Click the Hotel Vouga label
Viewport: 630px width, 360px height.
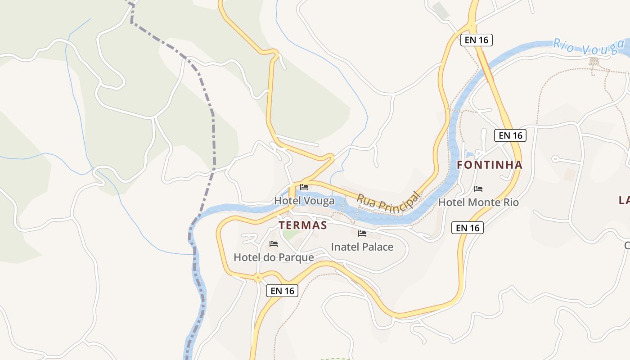pyautogui.click(x=305, y=201)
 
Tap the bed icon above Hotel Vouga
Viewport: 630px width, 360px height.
pyautogui.click(x=305, y=187)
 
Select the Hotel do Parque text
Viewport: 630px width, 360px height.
pyautogui.click(x=274, y=257)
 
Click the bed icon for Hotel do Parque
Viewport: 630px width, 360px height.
pyautogui.click(x=273, y=244)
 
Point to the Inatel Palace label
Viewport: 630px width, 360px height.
pyautogui.click(x=362, y=247)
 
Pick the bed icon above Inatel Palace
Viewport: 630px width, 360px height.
pyautogui.click(x=362, y=234)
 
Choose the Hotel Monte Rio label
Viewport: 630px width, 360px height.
pyautogui.click(x=478, y=202)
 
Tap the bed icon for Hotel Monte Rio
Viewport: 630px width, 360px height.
pyautogui.click(x=478, y=189)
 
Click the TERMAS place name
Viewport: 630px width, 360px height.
pyautogui.click(x=303, y=225)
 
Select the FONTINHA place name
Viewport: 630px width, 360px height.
pyautogui.click(x=490, y=165)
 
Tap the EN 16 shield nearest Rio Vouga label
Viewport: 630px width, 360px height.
pyautogui.click(x=477, y=40)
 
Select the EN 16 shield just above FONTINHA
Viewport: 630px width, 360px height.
pyautogui.click(x=510, y=135)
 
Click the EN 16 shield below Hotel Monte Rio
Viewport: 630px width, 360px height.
pyautogui.click(x=468, y=228)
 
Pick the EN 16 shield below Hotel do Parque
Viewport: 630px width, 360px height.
pyautogui.click(x=282, y=291)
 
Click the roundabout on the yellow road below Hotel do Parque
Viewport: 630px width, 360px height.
pyautogui.click(x=258, y=278)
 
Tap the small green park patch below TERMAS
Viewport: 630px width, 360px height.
pyautogui.click(x=290, y=234)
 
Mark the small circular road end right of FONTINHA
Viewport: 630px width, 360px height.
pyautogui.click(x=555, y=158)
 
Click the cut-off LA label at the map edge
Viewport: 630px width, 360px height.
pyautogui.click(x=624, y=200)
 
